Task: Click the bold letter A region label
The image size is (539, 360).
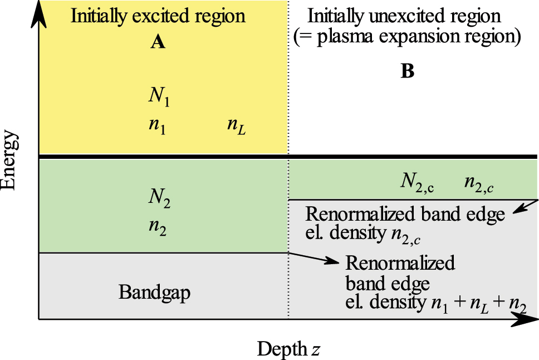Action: click(x=158, y=42)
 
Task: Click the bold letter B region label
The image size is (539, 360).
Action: click(x=408, y=72)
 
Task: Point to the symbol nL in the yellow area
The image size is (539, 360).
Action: click(x=237, y=126)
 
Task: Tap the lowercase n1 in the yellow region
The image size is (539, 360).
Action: click(x=156, y=126)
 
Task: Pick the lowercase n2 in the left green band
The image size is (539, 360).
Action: click(x=157, y=228)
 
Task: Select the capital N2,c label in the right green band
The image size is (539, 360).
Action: click(x=417, y=181)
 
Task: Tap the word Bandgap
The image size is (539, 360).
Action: click(x=154, y=292)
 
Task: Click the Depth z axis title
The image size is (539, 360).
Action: click(x=288, y=349)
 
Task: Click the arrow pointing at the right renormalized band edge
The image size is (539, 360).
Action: click(x=523, y=207)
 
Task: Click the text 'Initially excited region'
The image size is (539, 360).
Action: click(x=158, y=15)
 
